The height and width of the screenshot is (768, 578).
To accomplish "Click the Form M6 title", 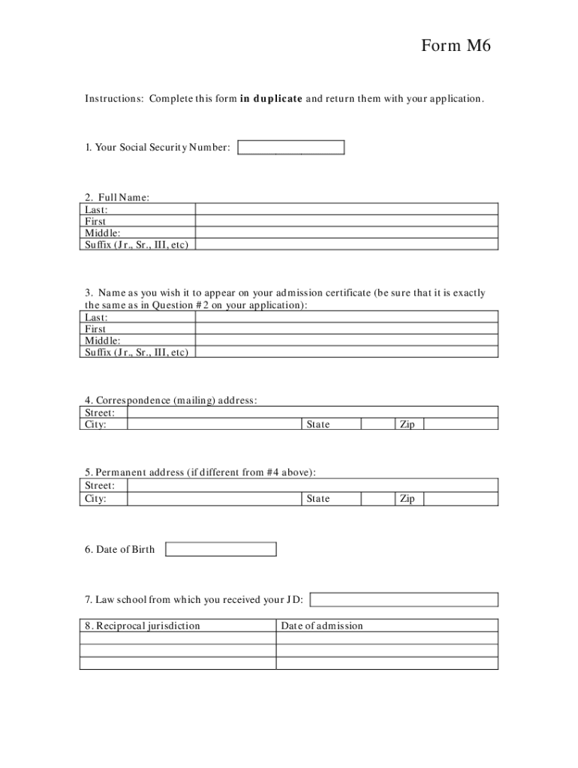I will click(x=455, y=46).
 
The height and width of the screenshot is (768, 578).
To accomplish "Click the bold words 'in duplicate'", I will click(x=271, y=99).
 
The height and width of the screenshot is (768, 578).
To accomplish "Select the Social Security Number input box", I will click(x=291, y=148).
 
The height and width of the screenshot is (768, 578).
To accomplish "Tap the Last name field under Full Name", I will click(x=346, y=209).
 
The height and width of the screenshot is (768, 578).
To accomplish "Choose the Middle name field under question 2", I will click(x=346, y=232).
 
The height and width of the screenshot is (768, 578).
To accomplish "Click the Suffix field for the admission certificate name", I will click(x=346, y=352).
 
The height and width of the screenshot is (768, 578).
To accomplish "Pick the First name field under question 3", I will click(x=346, y=328).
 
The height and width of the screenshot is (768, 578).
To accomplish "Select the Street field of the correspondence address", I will click(x=312, y=412).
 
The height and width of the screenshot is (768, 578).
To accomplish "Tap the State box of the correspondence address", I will click(x=378, y=424).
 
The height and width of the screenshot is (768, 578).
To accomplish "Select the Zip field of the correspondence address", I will click(x=460, y=424).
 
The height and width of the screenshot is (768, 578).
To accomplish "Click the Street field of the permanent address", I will click(x=312, y=485).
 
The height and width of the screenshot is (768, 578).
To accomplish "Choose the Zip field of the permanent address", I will click(x=460, y=499).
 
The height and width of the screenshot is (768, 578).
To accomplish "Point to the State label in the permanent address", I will click(x=318, y=499).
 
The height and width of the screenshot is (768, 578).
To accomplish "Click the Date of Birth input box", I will click(x=221, y=550).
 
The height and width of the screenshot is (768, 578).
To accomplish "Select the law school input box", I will click(x=404, y=599).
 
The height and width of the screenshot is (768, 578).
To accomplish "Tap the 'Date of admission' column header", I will click(x=322, y=625).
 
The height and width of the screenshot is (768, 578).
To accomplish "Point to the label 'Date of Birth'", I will click(x=120, y=550).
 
